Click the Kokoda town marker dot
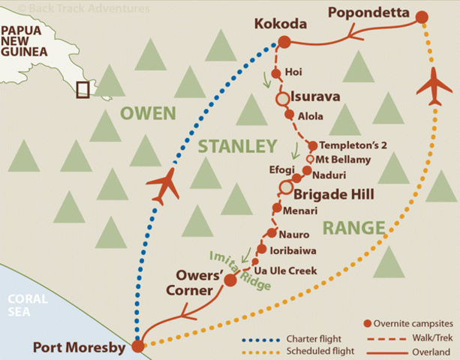pyautogui.click(x=284, y=42)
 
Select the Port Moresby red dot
pyautogui.click(x=137, y=346)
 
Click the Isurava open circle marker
pyautogui.click(x=282, y=98)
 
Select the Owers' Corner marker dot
pyautogui.click(x=230, y=280)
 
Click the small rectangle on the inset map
pyautogui.click(x=83, y=89)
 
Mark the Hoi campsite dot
pyautogui.click(x=275, y=73)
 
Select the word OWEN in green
pyautogui.click(x=148, y=114)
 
